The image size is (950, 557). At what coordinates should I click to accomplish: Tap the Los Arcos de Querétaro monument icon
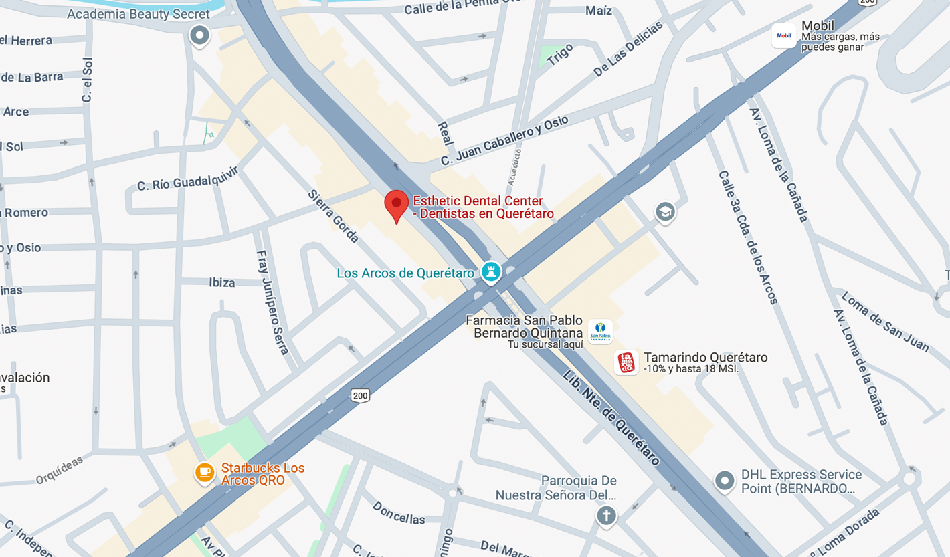491,272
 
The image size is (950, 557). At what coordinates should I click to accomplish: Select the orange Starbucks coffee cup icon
205,473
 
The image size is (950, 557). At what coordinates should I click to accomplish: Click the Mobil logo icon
783,36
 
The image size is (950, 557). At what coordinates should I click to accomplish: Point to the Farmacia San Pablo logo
600,332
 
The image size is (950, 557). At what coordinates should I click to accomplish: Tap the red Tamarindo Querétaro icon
626,363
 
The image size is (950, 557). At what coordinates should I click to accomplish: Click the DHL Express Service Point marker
725,481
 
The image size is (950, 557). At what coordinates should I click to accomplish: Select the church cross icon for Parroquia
606,516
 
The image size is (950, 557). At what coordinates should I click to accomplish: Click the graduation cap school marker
664,212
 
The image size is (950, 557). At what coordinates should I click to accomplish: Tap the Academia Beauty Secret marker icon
199,35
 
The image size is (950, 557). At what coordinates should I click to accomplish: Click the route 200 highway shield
360,396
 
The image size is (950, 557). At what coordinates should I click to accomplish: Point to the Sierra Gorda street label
333,215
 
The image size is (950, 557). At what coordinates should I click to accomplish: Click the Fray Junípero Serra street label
273,302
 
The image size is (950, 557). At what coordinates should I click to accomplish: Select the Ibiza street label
221,283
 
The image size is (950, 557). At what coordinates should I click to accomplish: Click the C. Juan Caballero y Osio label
504,140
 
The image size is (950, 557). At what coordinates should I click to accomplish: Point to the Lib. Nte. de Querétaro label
611,418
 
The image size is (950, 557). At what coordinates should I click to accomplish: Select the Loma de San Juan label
884,321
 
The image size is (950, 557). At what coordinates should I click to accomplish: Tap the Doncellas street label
399,512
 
